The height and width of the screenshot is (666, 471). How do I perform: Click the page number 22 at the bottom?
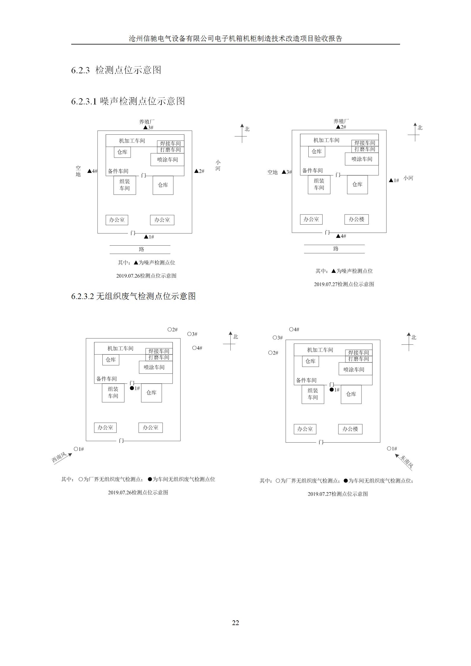235,623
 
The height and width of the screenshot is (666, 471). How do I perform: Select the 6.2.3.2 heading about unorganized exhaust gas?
133,296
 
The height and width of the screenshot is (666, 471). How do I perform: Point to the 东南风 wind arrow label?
407,462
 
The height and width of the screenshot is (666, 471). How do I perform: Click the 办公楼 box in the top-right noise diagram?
356,219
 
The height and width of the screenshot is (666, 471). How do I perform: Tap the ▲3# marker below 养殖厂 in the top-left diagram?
148,128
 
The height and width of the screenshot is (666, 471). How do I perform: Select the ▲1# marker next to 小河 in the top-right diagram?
394,180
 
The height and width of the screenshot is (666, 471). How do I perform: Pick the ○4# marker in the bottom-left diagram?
197,348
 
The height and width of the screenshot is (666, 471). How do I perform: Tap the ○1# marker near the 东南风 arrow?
392,449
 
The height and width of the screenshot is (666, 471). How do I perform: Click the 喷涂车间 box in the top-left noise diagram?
167,160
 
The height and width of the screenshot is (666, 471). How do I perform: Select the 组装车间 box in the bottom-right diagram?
313,394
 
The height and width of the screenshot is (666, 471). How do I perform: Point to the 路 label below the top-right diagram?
336,249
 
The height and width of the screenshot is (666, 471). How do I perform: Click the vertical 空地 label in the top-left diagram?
78,171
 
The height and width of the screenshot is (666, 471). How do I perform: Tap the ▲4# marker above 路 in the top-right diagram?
341,236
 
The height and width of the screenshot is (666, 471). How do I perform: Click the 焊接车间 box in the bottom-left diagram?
159,351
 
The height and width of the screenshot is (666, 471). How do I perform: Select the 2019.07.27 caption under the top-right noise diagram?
344,284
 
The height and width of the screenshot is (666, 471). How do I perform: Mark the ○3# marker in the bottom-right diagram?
278,338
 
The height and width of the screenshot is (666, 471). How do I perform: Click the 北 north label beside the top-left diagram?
247,129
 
